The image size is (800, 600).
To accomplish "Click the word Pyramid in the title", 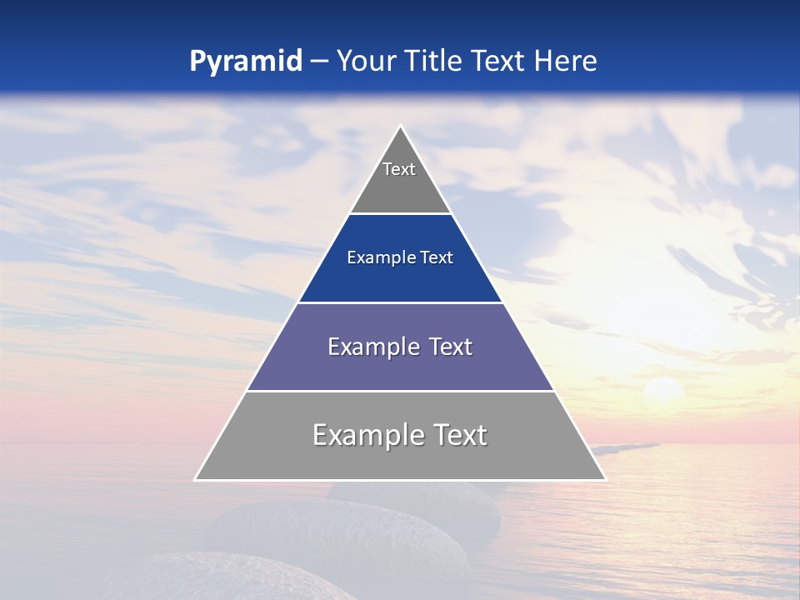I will [246, 62].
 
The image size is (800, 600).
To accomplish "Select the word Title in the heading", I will [433, 61].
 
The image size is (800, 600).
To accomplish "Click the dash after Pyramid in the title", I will [319, 62].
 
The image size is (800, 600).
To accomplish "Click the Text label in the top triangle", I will [399, 169].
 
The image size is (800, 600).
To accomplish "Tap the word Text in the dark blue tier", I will [437, 257].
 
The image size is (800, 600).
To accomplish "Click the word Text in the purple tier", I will [451, 347].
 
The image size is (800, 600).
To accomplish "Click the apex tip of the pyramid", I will [400, 127].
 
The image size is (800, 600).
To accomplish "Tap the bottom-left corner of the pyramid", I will [196, 479].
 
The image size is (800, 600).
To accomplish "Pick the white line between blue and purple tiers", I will [400, 302].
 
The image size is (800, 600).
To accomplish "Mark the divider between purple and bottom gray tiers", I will [400, 391].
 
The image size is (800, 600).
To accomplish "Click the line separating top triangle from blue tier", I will [400, 214].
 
